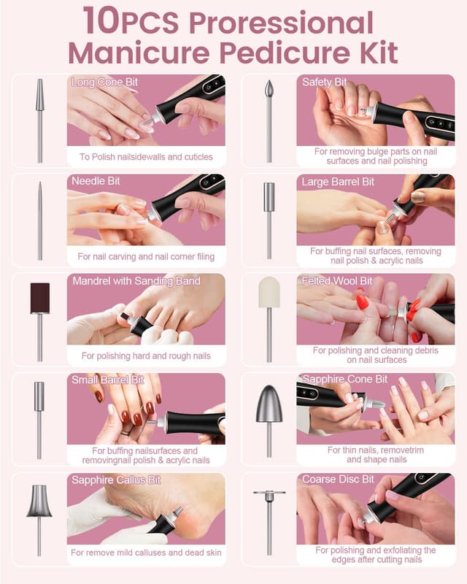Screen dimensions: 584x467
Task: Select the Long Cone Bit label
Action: [104, 82]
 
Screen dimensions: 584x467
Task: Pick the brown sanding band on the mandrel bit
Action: [39, 298]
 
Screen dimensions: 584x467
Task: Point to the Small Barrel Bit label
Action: [107, 380]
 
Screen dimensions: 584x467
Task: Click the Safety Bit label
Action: [324, 82]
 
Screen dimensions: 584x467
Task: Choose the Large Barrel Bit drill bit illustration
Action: [269, 219]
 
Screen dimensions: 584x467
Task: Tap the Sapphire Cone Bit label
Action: [344, 380]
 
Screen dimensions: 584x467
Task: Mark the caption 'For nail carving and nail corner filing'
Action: [146, 256]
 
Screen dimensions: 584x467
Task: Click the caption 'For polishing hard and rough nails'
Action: [146, 356]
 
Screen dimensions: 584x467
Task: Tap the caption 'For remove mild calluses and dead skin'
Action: [146, 553]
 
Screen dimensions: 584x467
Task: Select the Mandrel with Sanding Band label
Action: [136, 281]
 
